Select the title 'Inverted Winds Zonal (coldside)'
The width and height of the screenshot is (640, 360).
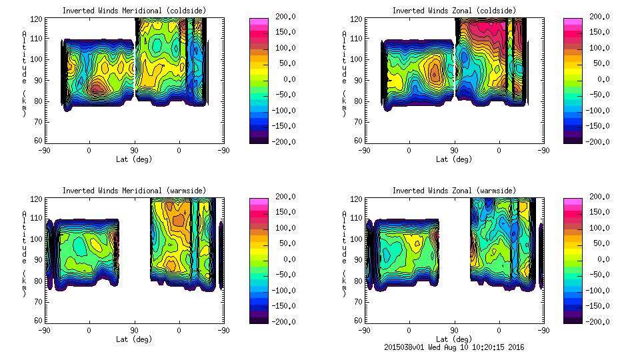pos(454,11)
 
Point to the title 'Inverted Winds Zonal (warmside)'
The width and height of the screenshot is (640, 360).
pos(454,191)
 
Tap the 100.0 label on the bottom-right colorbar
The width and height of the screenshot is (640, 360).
pos(599,228)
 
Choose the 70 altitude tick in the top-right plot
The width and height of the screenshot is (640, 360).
pos(359,121)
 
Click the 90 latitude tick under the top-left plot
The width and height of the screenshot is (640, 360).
pos(134,151)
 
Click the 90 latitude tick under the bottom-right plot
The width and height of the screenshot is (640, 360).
pos(454,331)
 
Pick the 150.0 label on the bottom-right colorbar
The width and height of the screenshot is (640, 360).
pos(599,212)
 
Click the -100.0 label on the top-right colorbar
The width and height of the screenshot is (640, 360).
pos(597,110)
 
